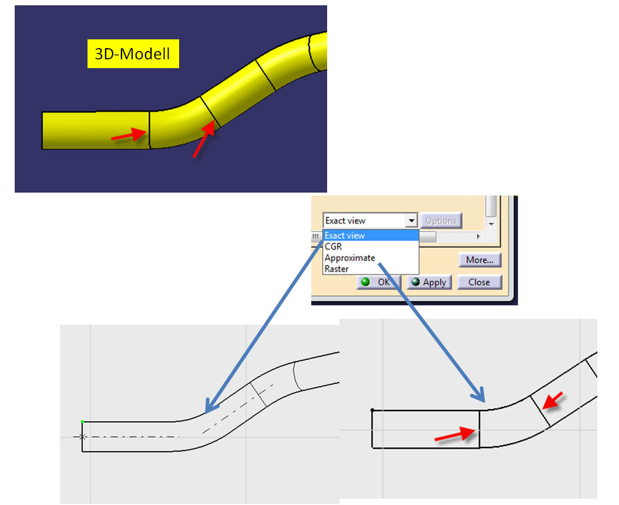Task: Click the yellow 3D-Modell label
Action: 133,53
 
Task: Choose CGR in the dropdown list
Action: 333,247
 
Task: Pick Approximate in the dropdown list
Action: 350,258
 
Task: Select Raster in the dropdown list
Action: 337,269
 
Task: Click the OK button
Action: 379,282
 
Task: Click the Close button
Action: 479,282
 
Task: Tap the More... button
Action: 480,260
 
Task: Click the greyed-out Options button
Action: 441,221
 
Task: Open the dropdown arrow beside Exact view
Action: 411,220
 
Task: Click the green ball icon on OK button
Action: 365,282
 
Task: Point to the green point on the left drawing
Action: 82,422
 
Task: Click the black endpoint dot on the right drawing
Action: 373,410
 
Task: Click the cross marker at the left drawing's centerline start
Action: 82,437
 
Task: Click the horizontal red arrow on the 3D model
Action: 129,134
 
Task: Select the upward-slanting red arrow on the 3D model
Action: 204,139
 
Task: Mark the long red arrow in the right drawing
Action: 455,435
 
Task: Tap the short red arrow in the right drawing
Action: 553,400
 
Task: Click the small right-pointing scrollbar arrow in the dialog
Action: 479,237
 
